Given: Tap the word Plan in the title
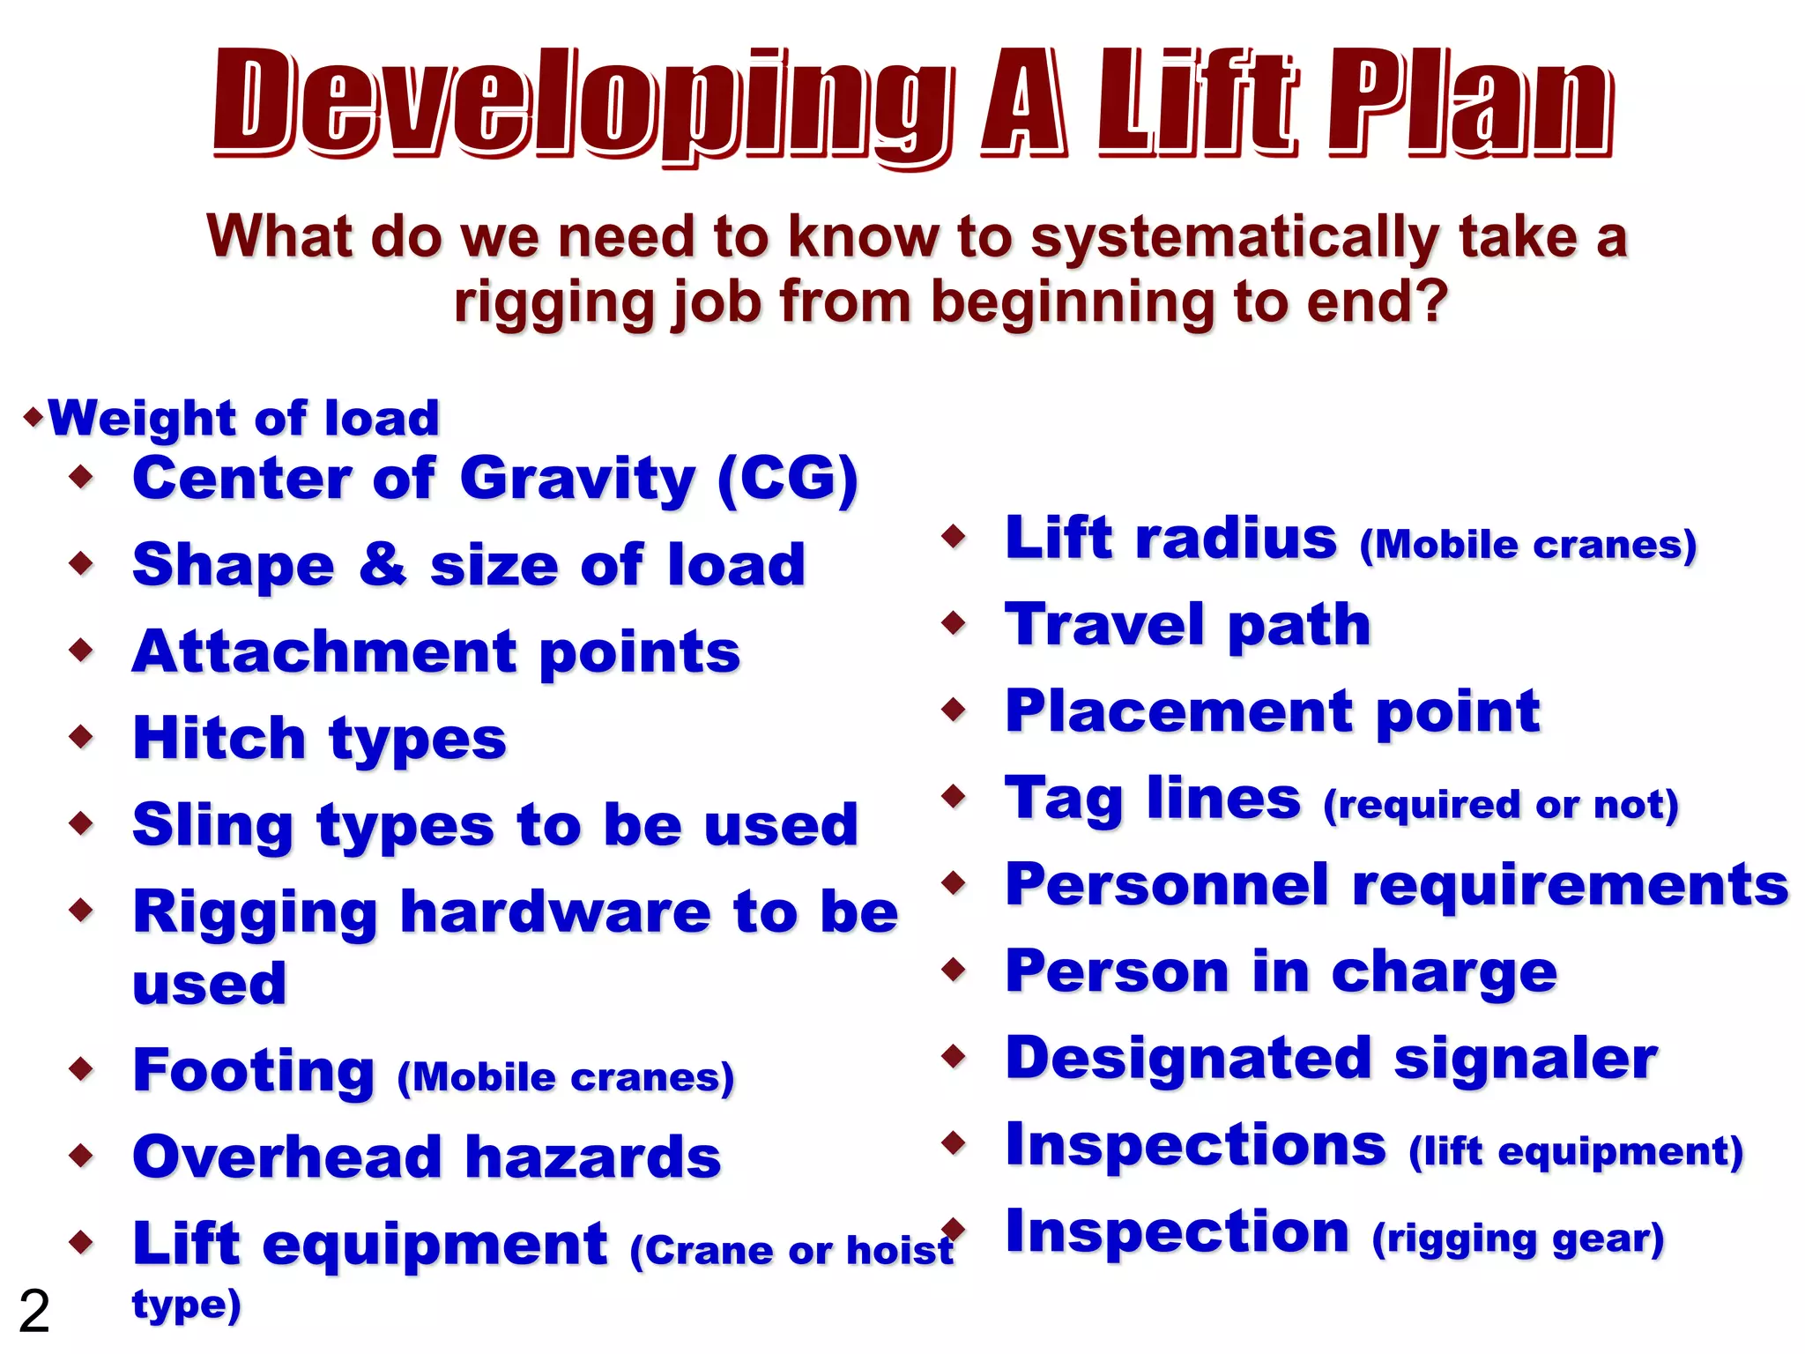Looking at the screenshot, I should click(x=1470, y=106).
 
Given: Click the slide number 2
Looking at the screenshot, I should click(x=34, y=1311).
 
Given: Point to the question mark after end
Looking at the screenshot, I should click(x=1433, y=301).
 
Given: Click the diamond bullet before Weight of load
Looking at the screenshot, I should click(x=33, y=416).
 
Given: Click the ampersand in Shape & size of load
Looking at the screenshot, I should click(x=383, y=564).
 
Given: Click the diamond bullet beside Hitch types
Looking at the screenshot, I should click(x=81, y=736).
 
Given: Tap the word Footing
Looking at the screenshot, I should click(x=254, y=1071).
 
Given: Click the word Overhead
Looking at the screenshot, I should click(x=286, y=1157).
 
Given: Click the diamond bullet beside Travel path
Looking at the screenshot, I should click(x=954, y=623).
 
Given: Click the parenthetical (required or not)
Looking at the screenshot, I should click(x=1500, y=805).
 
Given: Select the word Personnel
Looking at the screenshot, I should click(x=1167, y=884).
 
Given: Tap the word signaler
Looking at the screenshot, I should click(x=1525, y=1058).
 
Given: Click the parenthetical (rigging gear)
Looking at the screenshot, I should click(x=1518, y=1239).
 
